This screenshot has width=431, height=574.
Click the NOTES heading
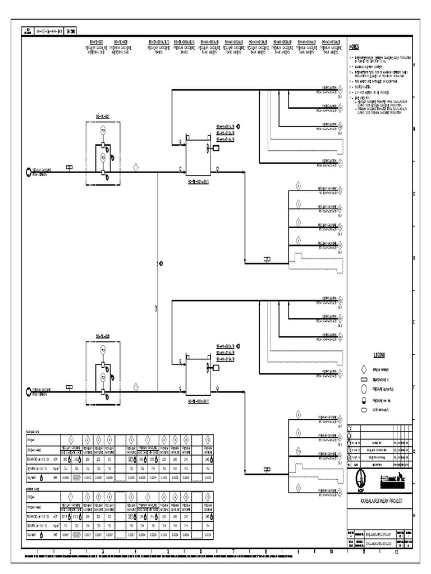coord(355,47)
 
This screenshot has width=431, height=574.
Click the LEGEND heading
coord(380,355)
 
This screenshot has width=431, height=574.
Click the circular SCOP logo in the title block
coord(361,478)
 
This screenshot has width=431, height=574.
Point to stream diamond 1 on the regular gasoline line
coord(135,166)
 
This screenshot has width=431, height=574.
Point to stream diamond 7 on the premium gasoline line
coord(135,387)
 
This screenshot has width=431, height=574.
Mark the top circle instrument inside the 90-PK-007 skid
coord(103,130)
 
